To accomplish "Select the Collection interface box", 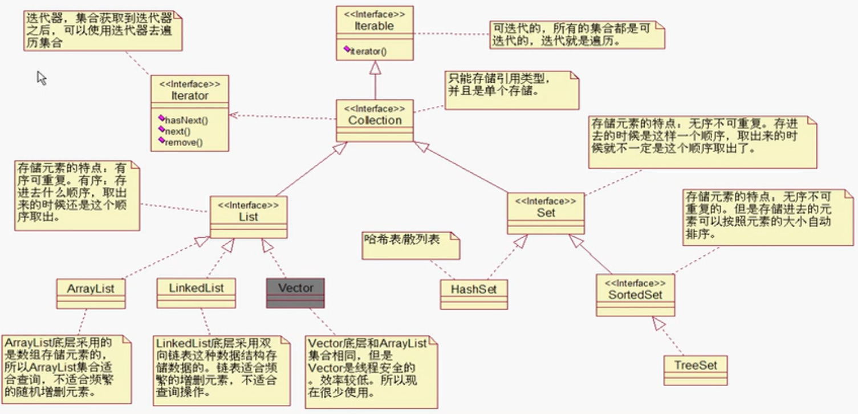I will pyautogui.click(x=375, y=120).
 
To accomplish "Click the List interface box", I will pyautogui.click(x=249, y=217).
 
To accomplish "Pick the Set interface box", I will pyautogui.click(x=546, y=213).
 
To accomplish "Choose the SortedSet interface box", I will pyautogui.click(x=635, y=294).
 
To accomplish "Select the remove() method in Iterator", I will pyautogui.click(x=184, y=142).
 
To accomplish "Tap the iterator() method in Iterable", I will pyautogui.click(x=368, y=51).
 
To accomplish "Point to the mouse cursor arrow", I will pyautogui.click(x=41, y=77).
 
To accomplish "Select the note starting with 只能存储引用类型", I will pyautogui.click(x=511, y=90).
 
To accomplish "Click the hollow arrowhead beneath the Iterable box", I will pyautogui.click(x=375, y=67).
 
